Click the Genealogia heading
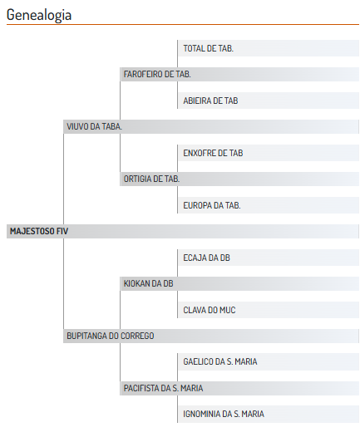pos(39,15)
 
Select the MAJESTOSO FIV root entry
pos(39,231)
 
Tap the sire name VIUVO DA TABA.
pos(94,126)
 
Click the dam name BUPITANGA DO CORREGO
pos(110,336)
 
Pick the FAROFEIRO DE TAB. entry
pos(157,74)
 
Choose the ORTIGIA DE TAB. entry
pos(151,179)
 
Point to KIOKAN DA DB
pos(149,283)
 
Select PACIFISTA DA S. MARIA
pos(164,388)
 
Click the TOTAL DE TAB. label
pos(209,48)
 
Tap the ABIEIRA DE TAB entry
pos(210,101)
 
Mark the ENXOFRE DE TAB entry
pos(213,153)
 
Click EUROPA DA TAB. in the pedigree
pos(212,205)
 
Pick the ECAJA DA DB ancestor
pos(207,258)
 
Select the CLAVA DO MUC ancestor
pos(210,310)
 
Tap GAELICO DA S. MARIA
pos(220,361)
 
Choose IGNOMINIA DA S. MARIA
pos(224,414)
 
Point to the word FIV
pos(62,231)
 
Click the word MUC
pos(228,310)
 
